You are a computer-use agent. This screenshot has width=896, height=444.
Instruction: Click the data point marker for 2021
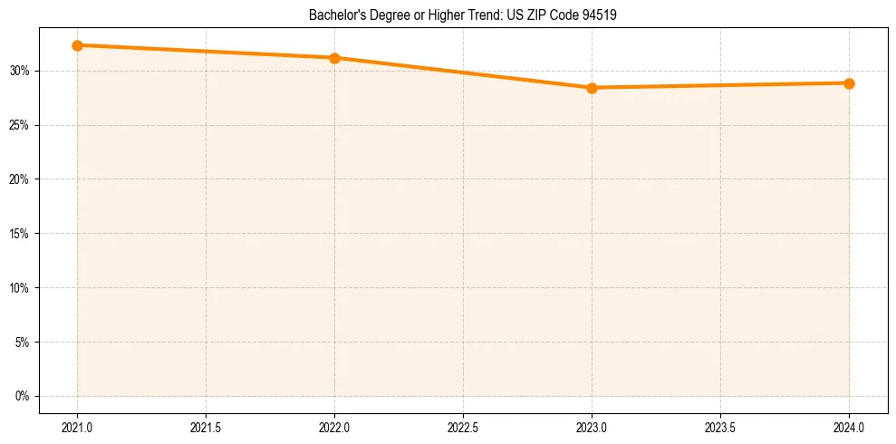click(77, 45)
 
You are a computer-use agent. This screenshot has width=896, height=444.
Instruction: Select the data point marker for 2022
click(334, 58)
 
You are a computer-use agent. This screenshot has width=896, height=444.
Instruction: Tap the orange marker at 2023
click(592, 88)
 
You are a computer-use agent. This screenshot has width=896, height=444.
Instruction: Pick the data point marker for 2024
click(849, 83)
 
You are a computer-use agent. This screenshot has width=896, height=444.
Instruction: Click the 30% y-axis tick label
click(21, 71)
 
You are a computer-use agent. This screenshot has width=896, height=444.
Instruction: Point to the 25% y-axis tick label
click(21, 125)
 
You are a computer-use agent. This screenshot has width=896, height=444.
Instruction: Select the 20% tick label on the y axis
click(21, 179)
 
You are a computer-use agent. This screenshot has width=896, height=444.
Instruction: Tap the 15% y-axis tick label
click(21, 234)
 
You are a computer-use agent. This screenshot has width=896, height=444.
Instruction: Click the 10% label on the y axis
click(21, 288)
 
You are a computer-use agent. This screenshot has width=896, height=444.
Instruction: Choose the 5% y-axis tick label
click(24, 343)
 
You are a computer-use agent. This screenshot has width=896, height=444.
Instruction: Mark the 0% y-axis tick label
click(24, 397)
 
